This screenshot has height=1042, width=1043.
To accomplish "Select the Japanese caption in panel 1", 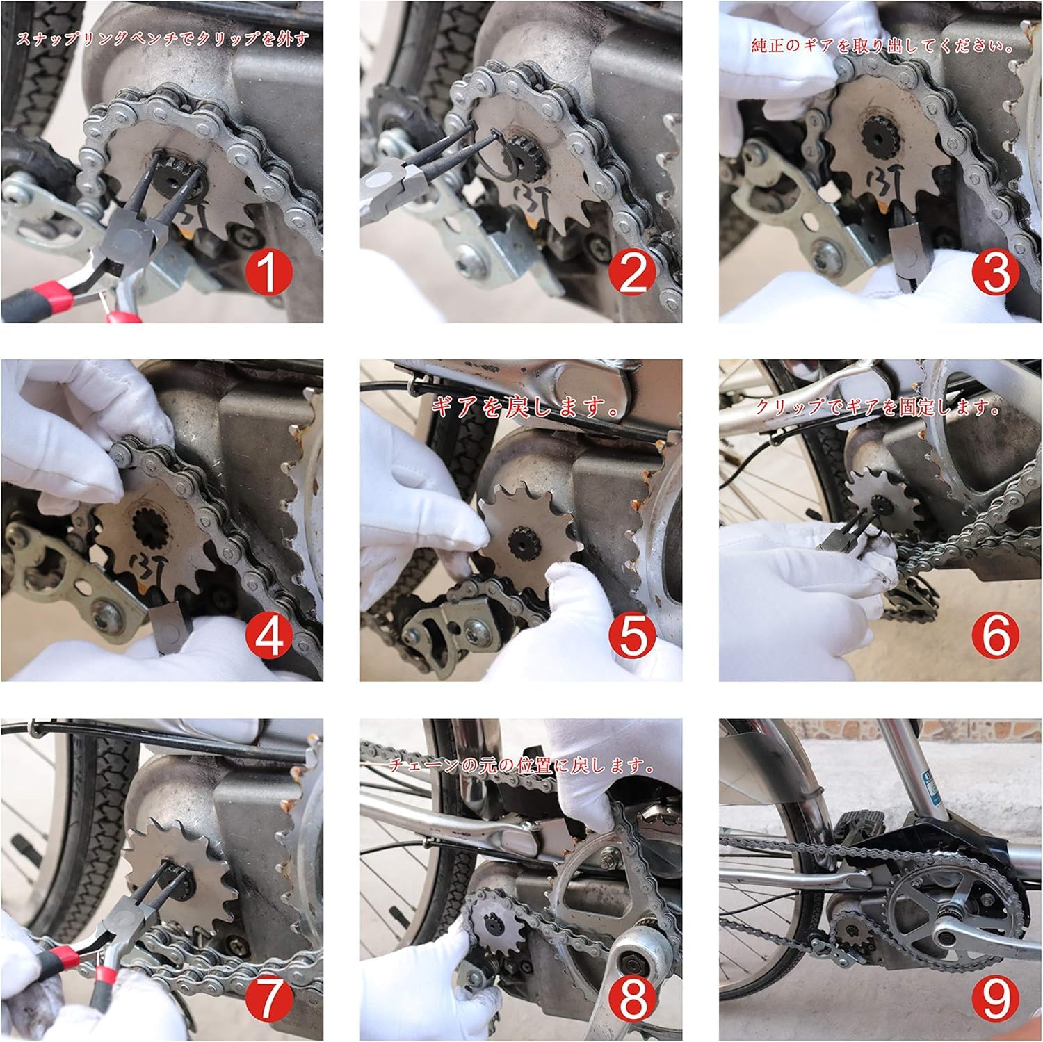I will coord(162,39).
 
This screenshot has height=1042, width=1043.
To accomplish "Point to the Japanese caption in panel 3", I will coord(882,47).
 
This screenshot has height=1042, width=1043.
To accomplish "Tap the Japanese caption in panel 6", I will coord(878,408).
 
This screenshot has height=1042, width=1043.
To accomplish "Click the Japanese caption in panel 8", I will coord(520,767).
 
